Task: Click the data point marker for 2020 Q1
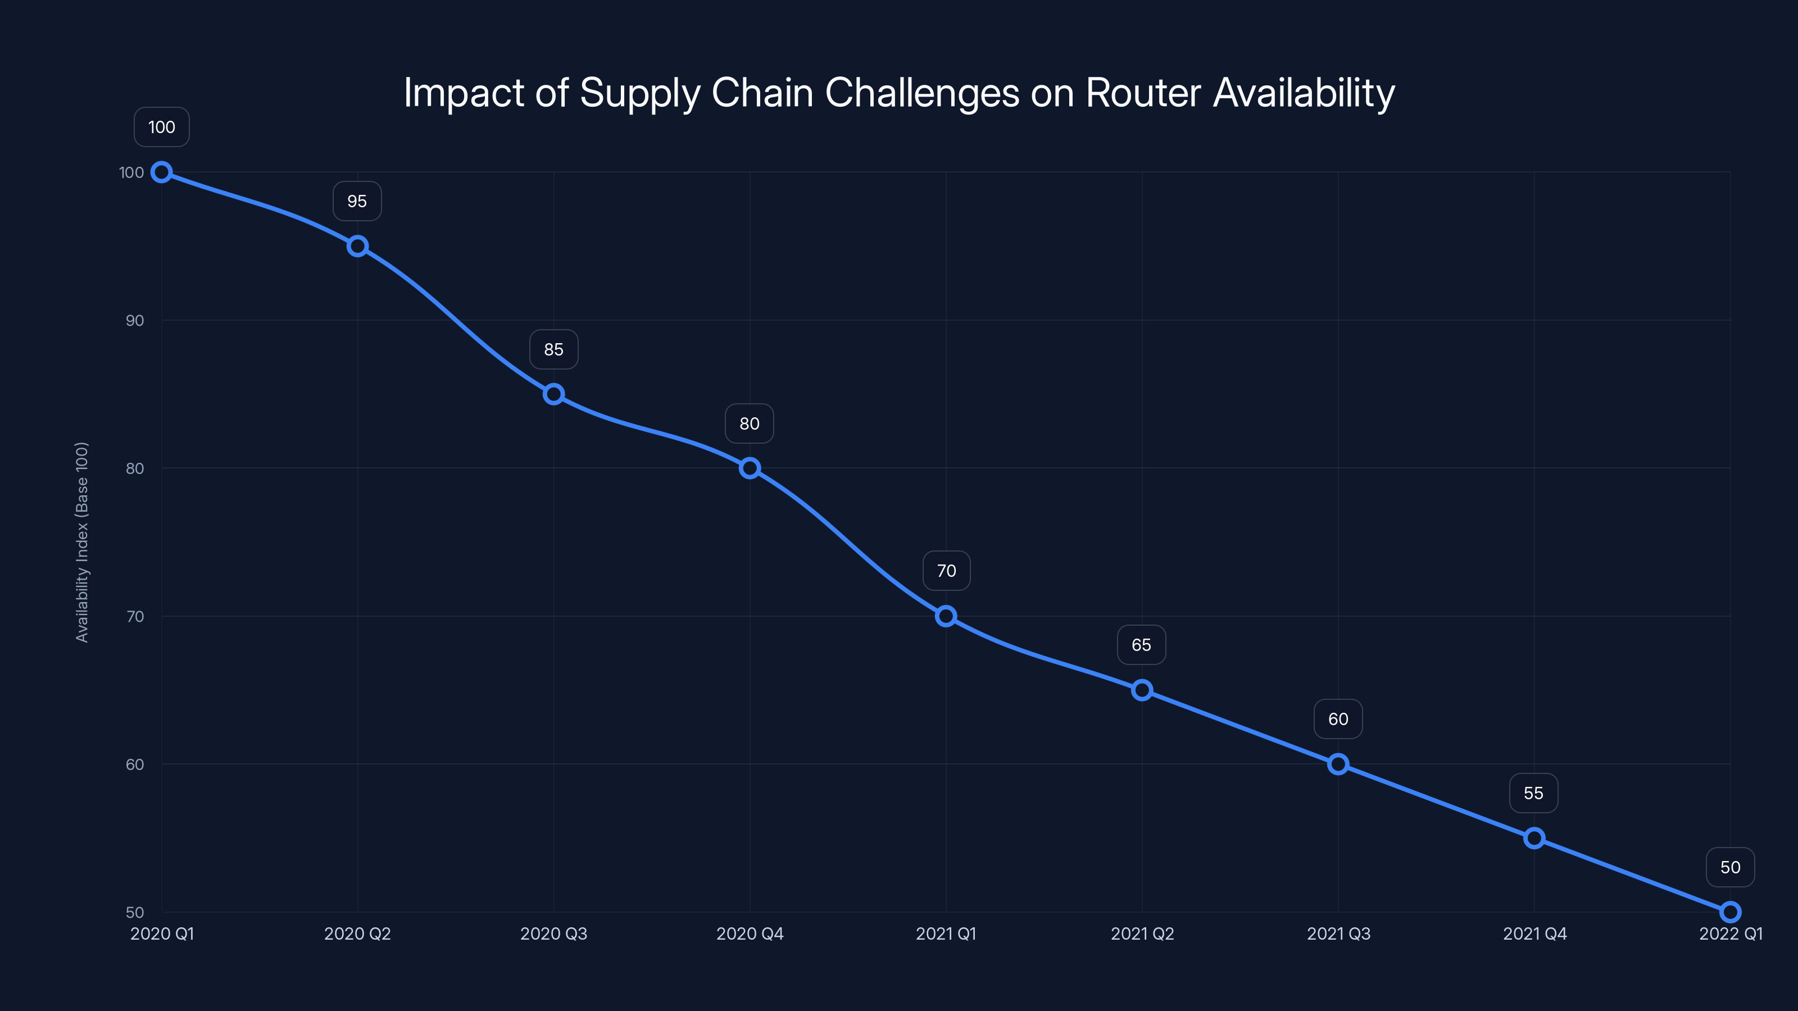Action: point(162,172)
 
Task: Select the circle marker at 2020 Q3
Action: point(553,394)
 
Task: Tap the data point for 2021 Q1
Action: point(946,616)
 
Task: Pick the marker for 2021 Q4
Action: point(1534,838)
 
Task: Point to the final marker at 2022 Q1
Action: point(1731,912)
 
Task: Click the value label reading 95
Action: point(357,202)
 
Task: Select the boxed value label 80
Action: point(750,423)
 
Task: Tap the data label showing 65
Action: point(1142,645)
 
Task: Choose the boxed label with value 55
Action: point(1533,793)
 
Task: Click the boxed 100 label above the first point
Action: point(162,127)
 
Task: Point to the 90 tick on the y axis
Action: point(135,321)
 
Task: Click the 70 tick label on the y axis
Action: point(135,617)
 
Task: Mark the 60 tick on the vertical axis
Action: point(135,764)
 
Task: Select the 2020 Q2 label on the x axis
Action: point(357,933)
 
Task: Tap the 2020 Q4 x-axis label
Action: point(750,933)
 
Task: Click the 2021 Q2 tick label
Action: point(1142,933)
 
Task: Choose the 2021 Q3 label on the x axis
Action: point(1338,933)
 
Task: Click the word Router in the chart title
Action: point(1143,93)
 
